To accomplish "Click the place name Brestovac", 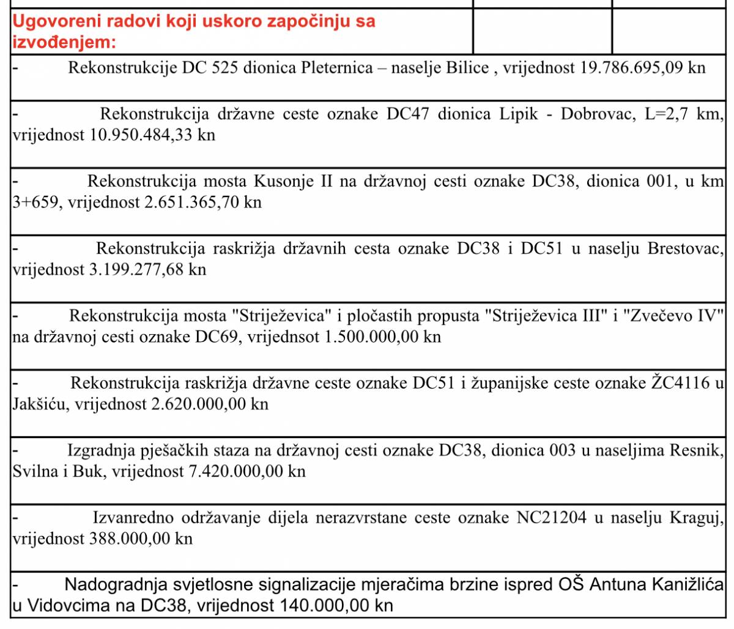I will [684, 248].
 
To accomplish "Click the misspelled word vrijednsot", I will [283, 337].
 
